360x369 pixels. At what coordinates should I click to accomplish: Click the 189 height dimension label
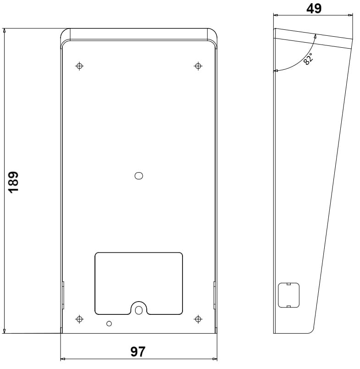click(14, 182)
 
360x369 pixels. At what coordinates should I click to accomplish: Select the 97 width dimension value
click(138, 352)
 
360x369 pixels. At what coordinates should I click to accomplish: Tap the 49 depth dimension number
click(314, 9)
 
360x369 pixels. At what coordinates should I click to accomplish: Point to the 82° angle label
click(308, 59)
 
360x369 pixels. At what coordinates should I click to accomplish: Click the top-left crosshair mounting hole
click(79, 66)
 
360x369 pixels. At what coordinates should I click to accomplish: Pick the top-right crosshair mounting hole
click(198, 66)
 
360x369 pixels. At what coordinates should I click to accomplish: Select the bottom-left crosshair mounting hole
click(79, 319)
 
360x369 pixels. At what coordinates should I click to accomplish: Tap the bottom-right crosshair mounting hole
click(198, 319)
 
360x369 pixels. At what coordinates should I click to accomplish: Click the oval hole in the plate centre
click(138, 175)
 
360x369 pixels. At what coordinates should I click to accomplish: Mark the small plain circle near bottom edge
click(109, 324)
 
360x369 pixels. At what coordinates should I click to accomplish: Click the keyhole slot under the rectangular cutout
click(138, 309)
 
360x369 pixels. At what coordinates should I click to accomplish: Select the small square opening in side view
click(288, 295)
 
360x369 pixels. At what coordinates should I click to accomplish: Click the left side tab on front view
click(63, 295)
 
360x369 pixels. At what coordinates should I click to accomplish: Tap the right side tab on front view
click(214, 295)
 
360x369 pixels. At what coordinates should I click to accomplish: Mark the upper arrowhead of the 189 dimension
click(5, 31)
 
